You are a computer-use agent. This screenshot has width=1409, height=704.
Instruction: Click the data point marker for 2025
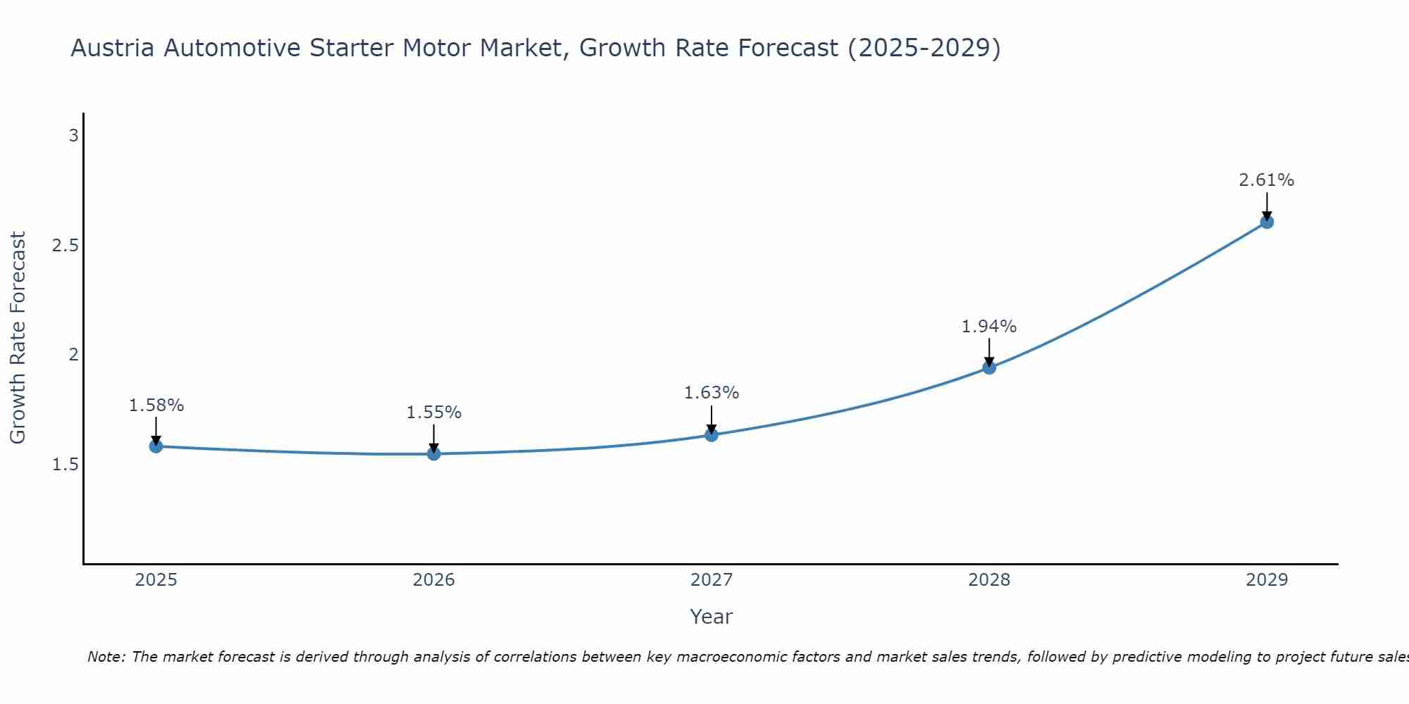156,446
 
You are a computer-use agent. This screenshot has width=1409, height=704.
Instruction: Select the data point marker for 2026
434,454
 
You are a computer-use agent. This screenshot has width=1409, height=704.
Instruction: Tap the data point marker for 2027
712,435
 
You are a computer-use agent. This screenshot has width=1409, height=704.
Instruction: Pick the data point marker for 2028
989,367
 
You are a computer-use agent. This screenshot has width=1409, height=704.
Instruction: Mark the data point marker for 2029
1267,222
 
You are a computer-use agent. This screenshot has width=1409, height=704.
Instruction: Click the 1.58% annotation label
156,406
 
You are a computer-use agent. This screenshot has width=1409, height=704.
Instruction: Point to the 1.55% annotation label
434,413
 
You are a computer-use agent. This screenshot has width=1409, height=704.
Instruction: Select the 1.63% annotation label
712,393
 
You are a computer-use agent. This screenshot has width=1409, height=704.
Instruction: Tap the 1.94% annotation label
989,327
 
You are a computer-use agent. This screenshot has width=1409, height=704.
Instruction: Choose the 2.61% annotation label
1267,180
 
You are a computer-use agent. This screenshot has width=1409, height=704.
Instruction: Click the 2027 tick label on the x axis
712,580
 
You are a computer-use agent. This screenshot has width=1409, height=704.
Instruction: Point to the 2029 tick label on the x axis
1267,580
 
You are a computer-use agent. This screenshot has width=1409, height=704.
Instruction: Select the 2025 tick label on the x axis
156,580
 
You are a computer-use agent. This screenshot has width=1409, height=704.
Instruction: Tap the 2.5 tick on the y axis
65,246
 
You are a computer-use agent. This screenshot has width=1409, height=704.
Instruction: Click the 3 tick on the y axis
73,136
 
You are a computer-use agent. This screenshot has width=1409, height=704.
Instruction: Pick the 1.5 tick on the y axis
65,465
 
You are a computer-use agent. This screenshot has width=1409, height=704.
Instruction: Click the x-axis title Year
712,617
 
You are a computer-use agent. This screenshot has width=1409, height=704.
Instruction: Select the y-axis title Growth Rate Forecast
18,338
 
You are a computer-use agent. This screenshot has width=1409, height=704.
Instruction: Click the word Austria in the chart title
113,49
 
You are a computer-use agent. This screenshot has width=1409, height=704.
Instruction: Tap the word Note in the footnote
106,657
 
